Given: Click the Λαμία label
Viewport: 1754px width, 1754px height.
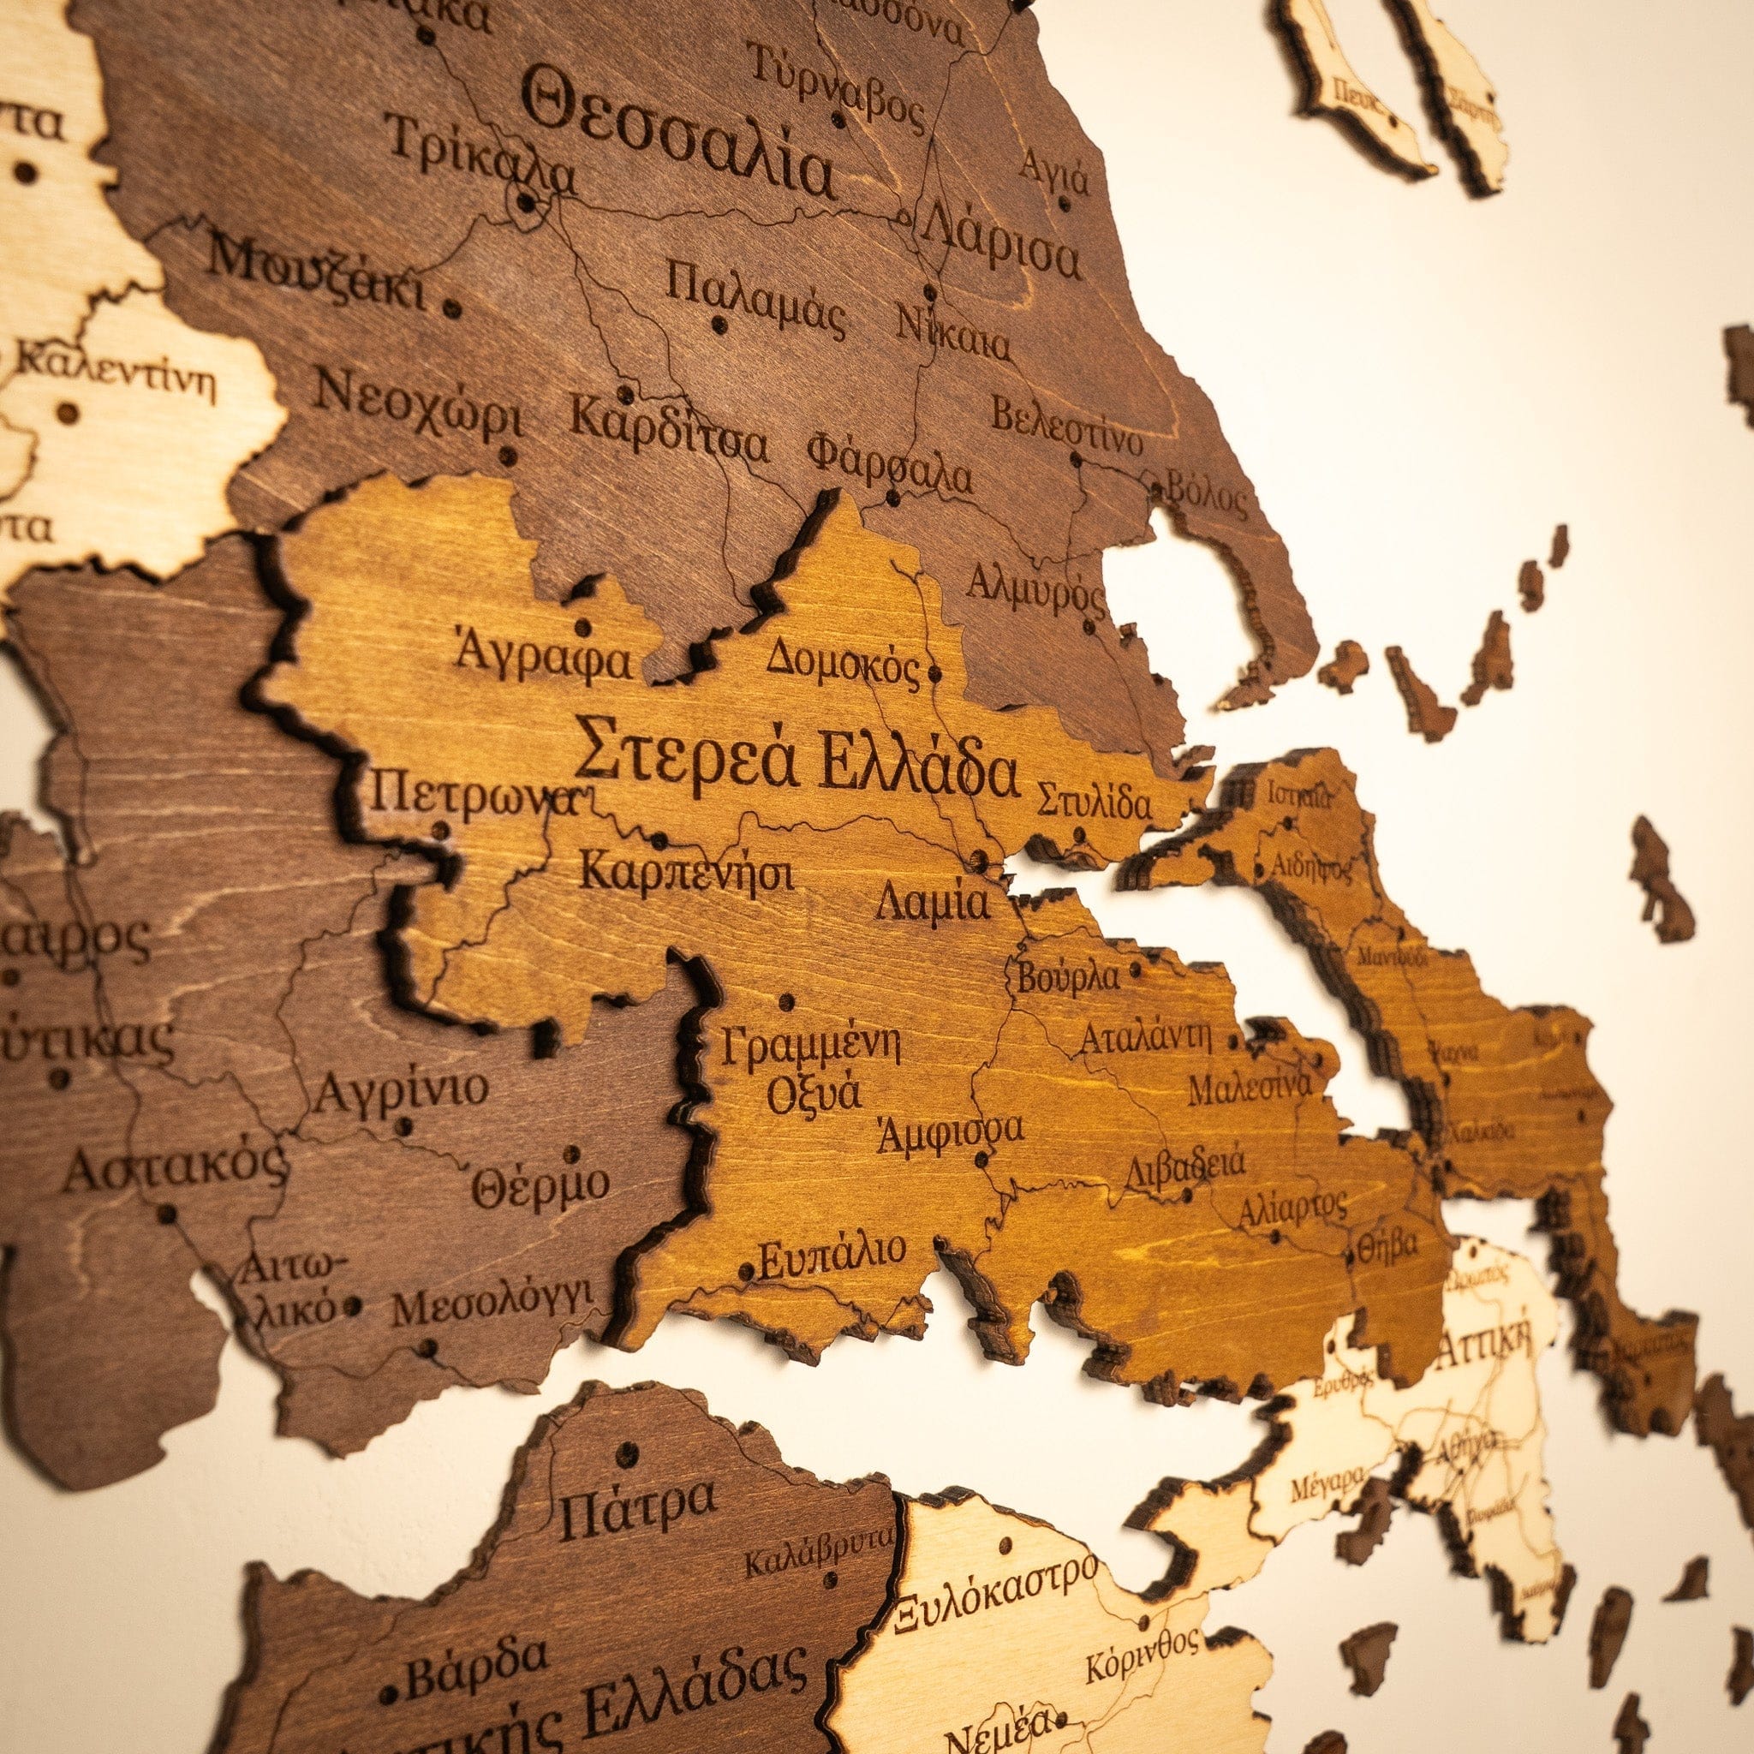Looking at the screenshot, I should point(933,904).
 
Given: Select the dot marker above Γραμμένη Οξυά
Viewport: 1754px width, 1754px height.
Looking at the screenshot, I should point(786,1002).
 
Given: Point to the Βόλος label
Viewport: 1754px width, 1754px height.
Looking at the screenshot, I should point(1205,496).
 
